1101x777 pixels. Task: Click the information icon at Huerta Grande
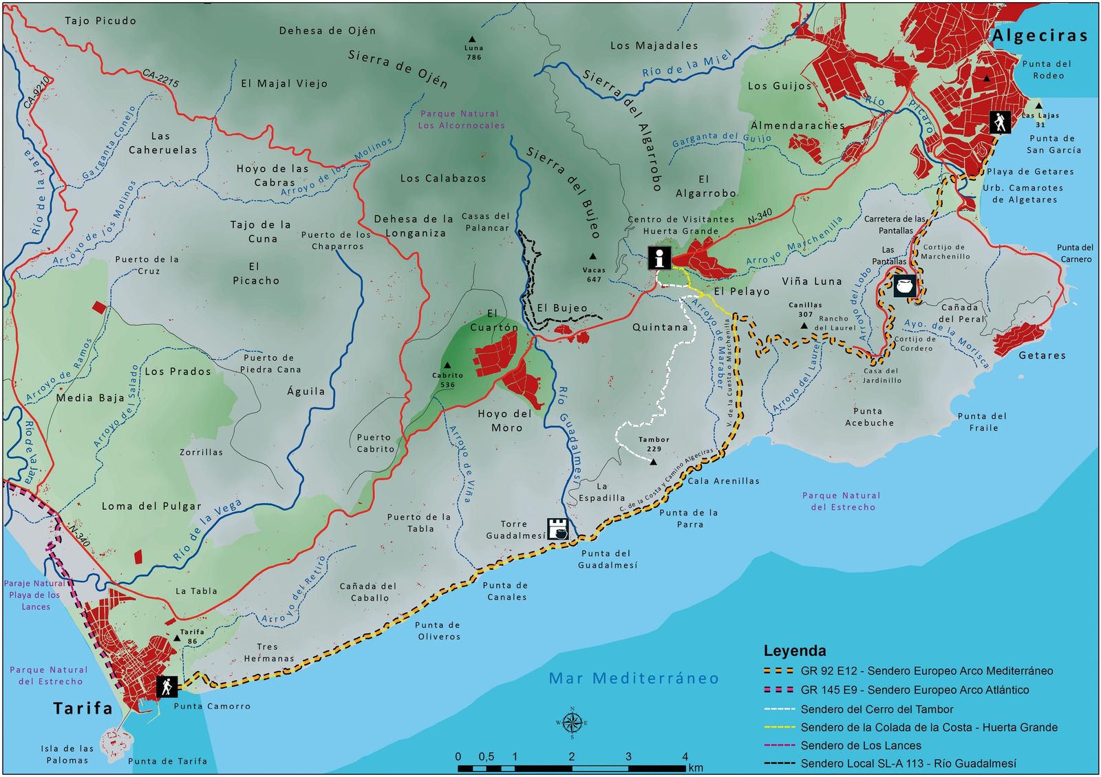[659, 259]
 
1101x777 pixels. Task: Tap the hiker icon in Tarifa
[167, 686]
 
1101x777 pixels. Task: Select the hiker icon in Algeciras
[1000, 123]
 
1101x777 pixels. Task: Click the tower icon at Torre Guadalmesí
[558, 529]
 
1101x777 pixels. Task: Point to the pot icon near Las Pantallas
[905, 286]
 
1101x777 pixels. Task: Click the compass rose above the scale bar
[572, 723]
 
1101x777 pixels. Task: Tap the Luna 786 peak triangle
[472, 39]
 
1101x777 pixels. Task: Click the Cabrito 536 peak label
[447, 380]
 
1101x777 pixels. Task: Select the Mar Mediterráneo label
[633, 679]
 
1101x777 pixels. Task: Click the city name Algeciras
[1039, 36]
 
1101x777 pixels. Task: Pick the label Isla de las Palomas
[67, 754]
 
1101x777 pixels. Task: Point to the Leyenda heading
[795, 650]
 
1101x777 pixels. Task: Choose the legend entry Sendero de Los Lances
[860, 745]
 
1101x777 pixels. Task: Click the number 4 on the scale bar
[685, 756]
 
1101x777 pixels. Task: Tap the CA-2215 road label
[161, 78]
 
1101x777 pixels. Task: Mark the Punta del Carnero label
[1075, 253]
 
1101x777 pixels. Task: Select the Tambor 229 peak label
[653, 444]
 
